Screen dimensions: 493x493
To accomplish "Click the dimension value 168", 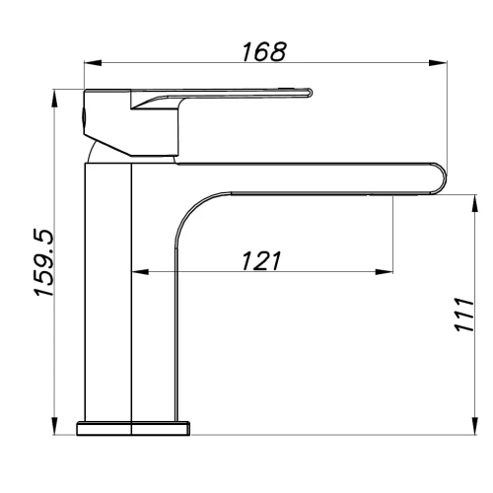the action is (264, 52).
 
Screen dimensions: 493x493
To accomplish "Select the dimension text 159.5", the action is (43, 263).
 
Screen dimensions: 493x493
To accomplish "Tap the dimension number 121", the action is (261, 261).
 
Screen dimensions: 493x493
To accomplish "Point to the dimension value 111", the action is (463, 315).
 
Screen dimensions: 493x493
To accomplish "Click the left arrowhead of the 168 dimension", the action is (93, 63).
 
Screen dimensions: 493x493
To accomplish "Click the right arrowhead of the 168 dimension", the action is (439, 63).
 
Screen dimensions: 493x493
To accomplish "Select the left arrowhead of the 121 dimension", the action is (140, 272).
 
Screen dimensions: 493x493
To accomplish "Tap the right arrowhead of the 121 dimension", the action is (385, 272).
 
